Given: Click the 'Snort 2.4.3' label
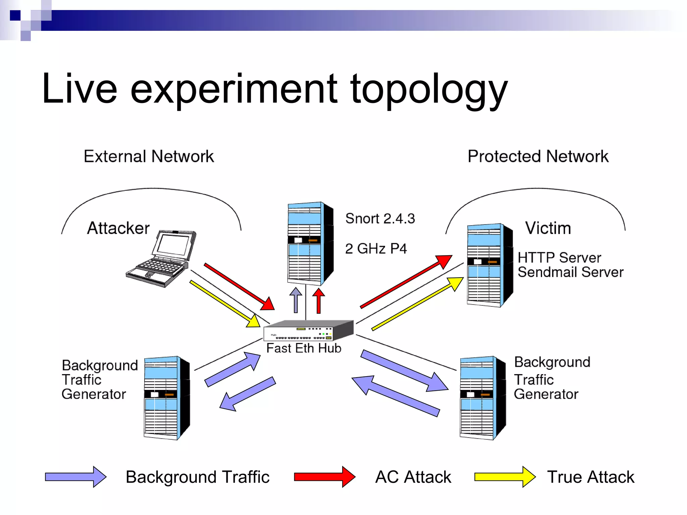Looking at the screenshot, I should (380, 219).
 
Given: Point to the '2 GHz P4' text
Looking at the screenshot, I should (376, 249).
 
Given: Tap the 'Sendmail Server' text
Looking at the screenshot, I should (570, 272).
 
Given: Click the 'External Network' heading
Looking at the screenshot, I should (149, 156).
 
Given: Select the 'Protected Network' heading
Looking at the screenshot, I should (538, 156).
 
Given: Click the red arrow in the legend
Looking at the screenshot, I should (324, 476).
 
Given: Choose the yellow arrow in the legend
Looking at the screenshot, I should (504, 476).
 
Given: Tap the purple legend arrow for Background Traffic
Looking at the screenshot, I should (75, 476).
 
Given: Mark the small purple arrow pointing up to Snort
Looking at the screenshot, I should (296, 300).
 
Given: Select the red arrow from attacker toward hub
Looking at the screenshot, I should (239, 286).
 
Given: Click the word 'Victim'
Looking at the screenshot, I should (548, 228).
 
